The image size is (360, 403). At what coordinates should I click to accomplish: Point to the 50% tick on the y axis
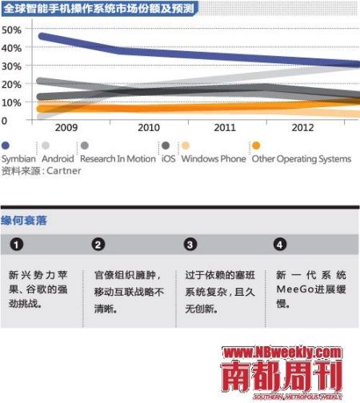coord(11,30)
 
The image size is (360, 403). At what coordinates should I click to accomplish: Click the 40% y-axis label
coord(11,48)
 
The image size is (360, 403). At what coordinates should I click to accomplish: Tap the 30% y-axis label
coord(11,66)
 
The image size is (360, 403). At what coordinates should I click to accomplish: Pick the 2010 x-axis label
coord(149,128)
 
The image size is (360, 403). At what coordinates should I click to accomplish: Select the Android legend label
coord(58,158)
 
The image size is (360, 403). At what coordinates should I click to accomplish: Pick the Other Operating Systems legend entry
coord(301,158)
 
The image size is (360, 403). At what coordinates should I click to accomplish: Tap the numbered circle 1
coord(17,244)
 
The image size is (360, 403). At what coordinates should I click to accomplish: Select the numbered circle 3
coord(190,244)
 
